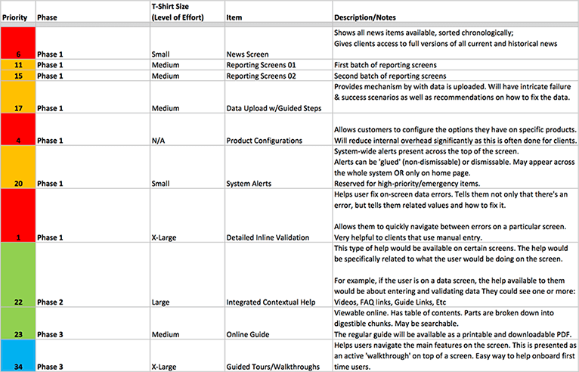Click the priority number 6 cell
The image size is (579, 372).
[x=17, y=54]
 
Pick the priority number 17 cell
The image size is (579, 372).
[x=17, y=108]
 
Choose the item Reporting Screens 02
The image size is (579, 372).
[x=262, y=76]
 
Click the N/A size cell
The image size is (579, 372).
[x=159, y=140]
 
